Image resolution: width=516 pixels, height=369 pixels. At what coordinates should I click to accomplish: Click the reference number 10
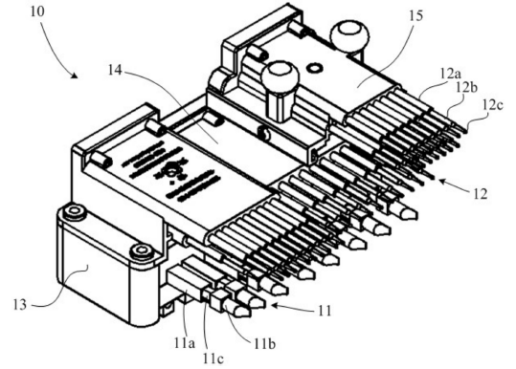coord(36,11)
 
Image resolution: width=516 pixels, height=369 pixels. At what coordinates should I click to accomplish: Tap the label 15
coord(416,15)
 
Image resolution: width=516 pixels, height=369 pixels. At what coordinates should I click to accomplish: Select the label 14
coord(116,70)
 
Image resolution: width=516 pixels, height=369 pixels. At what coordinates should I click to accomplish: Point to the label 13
coord(20,305)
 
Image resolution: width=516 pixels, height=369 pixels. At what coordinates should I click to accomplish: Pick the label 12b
coord(466,87)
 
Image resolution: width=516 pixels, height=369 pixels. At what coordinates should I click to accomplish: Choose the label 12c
coord(493,105)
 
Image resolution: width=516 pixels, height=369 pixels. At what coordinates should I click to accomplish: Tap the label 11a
coord(185,343)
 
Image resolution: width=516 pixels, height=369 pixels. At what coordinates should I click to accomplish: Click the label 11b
coord(264,344)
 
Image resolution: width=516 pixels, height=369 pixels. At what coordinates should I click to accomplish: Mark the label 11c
coord(213,358)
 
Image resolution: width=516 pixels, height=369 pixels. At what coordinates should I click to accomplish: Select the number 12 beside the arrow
coord(481,194)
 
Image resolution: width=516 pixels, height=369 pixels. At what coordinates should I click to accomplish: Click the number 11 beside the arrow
coord(325,310)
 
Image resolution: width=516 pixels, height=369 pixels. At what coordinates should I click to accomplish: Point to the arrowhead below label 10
coord(75,76)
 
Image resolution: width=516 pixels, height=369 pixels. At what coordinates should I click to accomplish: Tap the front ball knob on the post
coord(280,77)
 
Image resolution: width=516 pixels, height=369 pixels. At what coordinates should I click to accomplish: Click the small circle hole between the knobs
coord(314,68)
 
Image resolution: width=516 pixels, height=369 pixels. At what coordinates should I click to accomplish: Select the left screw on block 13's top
coord(76,211)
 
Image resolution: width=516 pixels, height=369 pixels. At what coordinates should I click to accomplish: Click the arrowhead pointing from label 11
coord(275,306)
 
